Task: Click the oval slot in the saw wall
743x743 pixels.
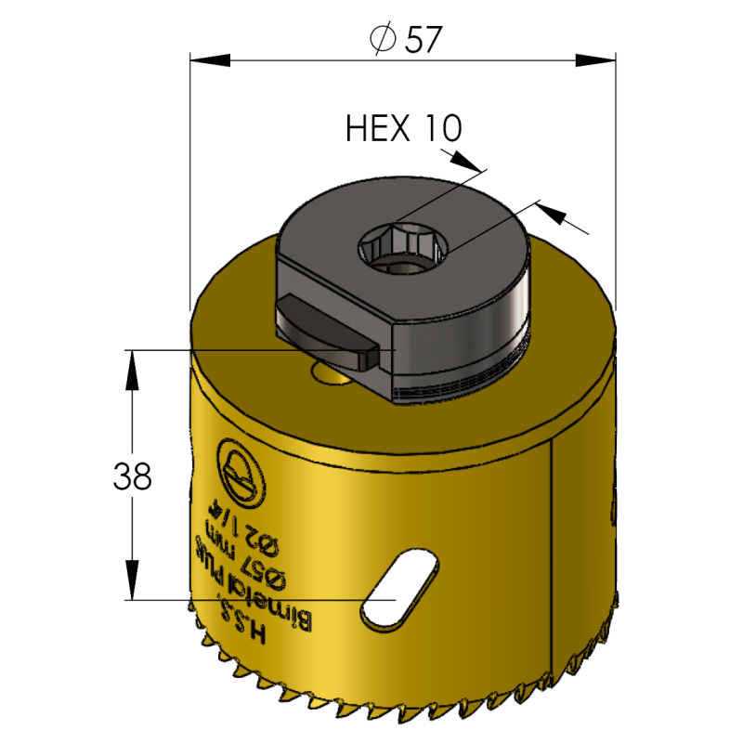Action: pos(398,589)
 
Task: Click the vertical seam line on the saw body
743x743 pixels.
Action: pos(554,539)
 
